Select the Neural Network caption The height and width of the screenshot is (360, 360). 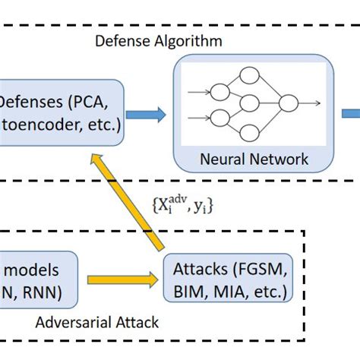point(254,159)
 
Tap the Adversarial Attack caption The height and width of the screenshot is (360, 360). point(97,322)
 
